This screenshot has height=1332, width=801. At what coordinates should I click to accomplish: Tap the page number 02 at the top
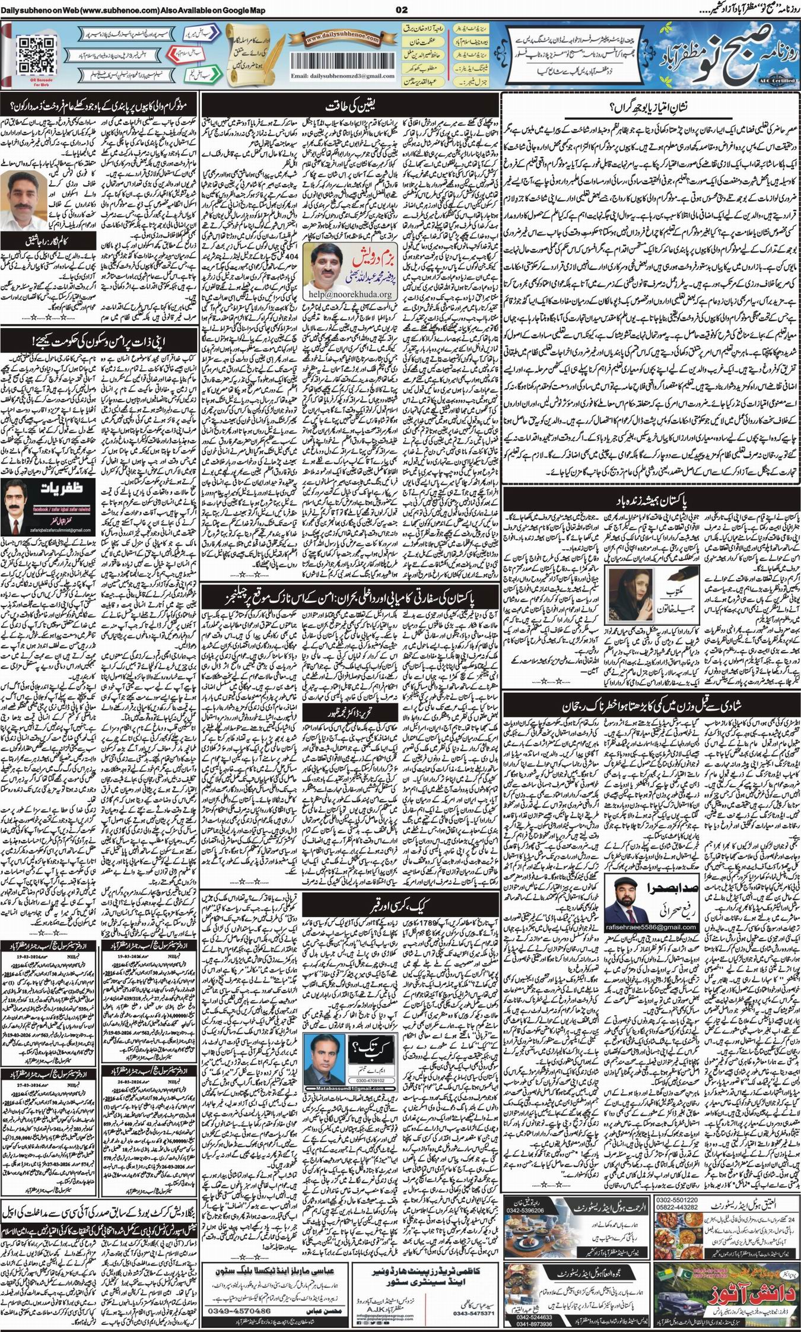(401, 9)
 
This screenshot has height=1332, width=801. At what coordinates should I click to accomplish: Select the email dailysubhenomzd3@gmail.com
(342, 76)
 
